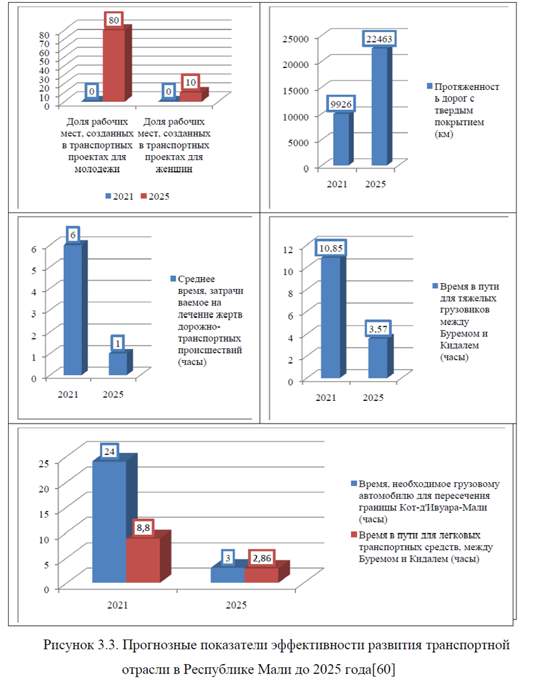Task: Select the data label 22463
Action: click(379, 39)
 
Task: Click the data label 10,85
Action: click(330, 248)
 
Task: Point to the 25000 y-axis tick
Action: click(296, 39)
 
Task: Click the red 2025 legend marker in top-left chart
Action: click(143, 196)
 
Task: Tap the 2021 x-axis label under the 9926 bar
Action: click(337, 184)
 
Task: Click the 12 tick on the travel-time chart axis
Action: click(288, 249)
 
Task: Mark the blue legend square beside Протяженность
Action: click(430, 87)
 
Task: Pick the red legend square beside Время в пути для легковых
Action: click(354, 535)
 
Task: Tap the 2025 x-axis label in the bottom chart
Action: click(237, 605)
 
